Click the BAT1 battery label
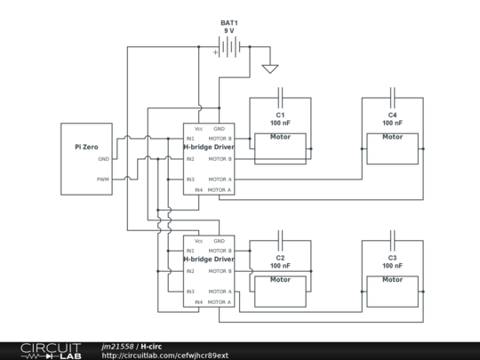pyautogui.click(x=229, y=23)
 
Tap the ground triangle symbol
pyautogui.click(x=270, y=68)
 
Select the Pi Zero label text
pyautogui.click(x=86, y=147)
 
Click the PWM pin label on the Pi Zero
pyautogui.click(x=103, y=180)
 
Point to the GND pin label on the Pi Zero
pyautogui.click(x=103, y=159)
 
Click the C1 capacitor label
pyautogui.click(x=280, y=115)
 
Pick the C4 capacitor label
pyautogui.click(x=393, y=115)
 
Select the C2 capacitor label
pyautogui.click(x=280, y=258)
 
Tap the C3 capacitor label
pyautogui.click(x=393, y=258)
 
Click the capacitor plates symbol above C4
pyautogui.click(x=393, y=93)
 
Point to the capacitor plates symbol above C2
pyautogui.click(x=280, y=236)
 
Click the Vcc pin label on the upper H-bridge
pyautogui.click(x=199, y=129)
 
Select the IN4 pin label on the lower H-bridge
pyautogui.click(x=199, y=302)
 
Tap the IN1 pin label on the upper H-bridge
pyautogui.click(x=190, y=139)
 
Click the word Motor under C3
pyautogui.click(x=393, y=279)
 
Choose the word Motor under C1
pyautogui.click(x=280, y=137)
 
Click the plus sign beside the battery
pyautogui.click(x=215, y=52)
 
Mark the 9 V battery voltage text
pyautogui.click(x=229, y=30)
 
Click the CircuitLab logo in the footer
pyautogui.click(x=51, y=351)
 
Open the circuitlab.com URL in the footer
pyautogui.click(x=165, y=356)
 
